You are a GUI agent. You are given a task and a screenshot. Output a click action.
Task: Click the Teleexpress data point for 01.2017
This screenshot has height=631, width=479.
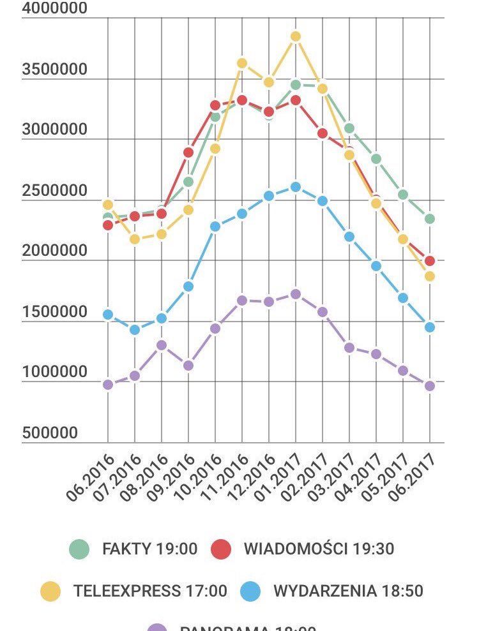[x=296, y=36]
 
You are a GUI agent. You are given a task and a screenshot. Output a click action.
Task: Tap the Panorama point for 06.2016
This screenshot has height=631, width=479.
[x=108, y=385]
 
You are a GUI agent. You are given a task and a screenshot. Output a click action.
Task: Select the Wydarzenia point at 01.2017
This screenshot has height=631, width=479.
[x=296, y=187]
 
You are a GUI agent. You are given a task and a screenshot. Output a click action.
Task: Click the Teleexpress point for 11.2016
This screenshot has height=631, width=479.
[x=242, y=63]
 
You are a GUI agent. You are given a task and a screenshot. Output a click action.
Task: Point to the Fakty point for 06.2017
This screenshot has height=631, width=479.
[x=430, y=219]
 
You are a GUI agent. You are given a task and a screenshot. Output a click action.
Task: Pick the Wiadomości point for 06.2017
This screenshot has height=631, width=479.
[x=430, y=261]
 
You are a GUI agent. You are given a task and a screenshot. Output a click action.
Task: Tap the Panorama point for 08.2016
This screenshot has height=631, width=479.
[x=162, y=345]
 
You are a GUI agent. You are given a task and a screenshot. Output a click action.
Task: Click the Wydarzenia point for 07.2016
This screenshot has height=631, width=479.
[x=135, y=330]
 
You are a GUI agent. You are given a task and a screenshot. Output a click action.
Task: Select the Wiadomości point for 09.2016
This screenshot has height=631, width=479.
[x=188, y=152]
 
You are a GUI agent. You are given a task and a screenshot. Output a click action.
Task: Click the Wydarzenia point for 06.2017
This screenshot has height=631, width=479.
[x=430, y=327]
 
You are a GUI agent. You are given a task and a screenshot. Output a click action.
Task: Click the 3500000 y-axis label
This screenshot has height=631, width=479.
[x=54, y=70]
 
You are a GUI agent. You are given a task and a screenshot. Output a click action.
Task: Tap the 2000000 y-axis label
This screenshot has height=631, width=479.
[x=54, y=251]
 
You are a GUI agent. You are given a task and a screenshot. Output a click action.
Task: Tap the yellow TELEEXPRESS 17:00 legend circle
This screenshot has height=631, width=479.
[x=50, y=591]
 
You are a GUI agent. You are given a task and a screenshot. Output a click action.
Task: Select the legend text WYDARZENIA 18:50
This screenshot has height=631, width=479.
[x=348, y=591]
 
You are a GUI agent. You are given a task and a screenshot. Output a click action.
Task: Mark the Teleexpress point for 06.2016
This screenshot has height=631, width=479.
[x=108, y=205]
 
